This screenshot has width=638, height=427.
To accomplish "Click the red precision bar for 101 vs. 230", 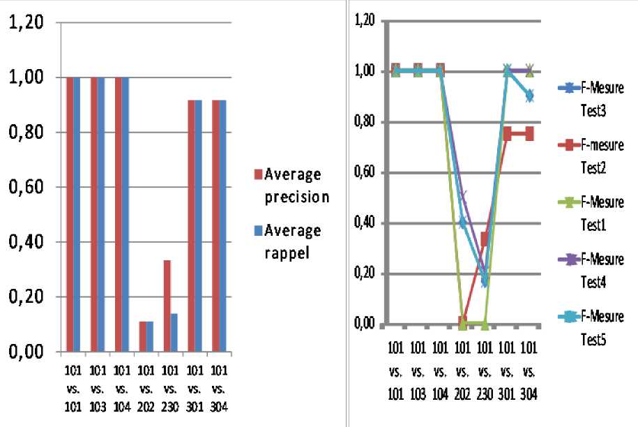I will [167, 306].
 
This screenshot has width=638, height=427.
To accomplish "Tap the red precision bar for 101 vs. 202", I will [142, 336].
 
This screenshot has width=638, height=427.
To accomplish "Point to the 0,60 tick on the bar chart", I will [26, 187].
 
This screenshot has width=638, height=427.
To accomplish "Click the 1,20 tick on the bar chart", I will [26, 23].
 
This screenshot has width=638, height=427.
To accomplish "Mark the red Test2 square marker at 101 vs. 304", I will [530, 134].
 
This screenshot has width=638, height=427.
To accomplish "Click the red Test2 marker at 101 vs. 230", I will [485, 239].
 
